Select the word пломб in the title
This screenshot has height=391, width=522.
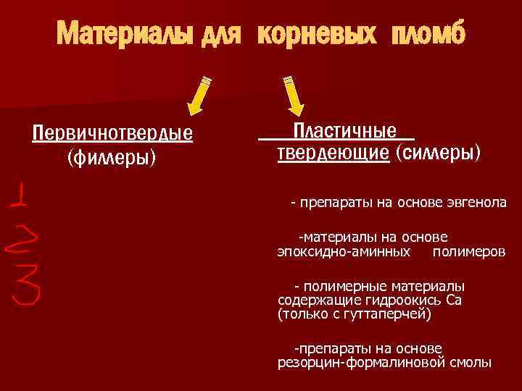click(x=428, y=33)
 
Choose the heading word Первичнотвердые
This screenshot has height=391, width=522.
click(x=112, y=135)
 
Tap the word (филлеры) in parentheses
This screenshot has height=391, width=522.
click(x=112, y=156)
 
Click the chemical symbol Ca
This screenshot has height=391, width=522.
click(x=454, y=300)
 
